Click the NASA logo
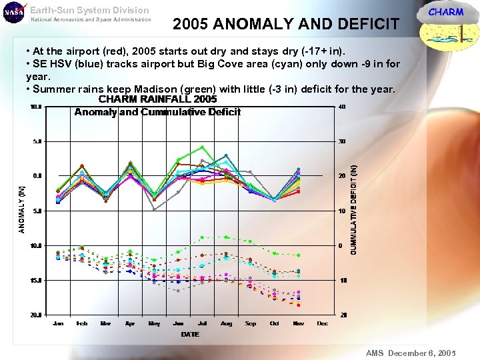pyautogui.click(x=14, y=14)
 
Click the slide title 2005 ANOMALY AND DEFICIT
pyautogui.click(x=285, y=25)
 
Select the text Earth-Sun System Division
pyautogui.click(x=90, y=10)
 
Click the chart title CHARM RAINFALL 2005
pyautogui.click(x=157, y=99)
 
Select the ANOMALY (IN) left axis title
pyautogui.click(x=21, y=209)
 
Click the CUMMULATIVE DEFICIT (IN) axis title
pyautogui.click(x=353, y=209)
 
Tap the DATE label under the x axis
pyautogui.click(x=190, y=334)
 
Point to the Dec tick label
pyautogui.click(x=322, y=323)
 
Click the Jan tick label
pyautogui.click(x=58, y=323)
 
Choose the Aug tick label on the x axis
pyautogui.click(x=226, y=323)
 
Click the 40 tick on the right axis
pyautogui.click(x=342, y=107)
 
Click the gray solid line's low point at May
pyautogui.click(x=154, y=209)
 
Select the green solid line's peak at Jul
pyautogui.click(x=202, y=147)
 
